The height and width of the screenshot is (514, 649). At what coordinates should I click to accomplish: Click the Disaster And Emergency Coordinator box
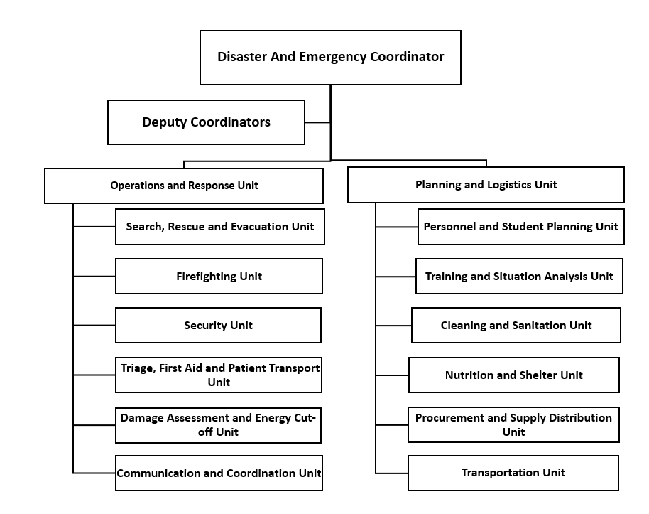(330, 57)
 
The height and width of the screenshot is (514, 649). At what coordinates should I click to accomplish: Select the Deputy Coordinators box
(206, 122)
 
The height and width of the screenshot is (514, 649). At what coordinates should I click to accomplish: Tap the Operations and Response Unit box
(184, 186)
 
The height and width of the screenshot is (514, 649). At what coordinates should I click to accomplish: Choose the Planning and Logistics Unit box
(486, 185)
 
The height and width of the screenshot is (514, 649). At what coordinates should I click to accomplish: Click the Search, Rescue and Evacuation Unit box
(220, 227)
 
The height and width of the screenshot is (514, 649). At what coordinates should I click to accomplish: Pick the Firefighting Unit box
(219, 276)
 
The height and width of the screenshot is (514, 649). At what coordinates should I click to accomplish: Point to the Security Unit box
(218, 326)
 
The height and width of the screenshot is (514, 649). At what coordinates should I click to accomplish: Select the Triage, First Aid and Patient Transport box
(219, 375)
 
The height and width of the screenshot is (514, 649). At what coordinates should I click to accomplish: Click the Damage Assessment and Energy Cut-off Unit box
(218, 425)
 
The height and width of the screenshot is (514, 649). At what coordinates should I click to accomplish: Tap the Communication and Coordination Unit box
(219, 473)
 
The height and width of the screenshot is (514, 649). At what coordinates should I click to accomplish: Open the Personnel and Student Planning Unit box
(521, 227)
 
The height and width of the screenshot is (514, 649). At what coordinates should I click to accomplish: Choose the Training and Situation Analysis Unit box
(520, 276)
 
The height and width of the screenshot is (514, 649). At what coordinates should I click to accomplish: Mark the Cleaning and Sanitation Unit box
(516, 326)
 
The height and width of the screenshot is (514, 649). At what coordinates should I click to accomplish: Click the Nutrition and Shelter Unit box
(514, 375)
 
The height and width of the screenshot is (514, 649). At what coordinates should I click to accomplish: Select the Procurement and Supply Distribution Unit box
(513, 425)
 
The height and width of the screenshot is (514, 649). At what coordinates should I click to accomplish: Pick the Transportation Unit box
(513, 473)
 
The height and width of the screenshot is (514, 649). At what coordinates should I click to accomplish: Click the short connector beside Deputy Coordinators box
(317, 122)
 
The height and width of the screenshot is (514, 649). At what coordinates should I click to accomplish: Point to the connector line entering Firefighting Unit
(94, 276)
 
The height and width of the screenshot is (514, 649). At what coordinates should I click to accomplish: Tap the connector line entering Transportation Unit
(391, 473)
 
